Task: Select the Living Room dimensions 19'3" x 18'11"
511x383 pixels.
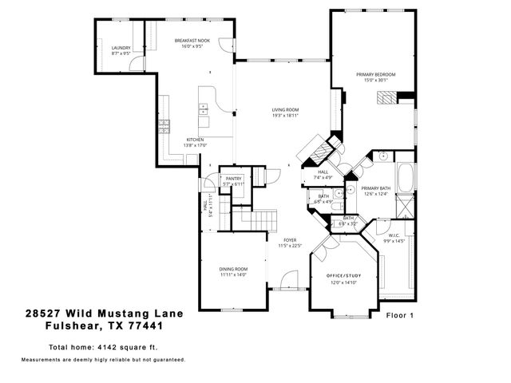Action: pyautogui.click(x=285, y=116)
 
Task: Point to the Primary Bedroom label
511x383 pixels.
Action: pyautogui.click(x=375, y=74)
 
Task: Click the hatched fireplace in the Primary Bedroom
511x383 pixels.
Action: pyautogui.click(x=386, y=98)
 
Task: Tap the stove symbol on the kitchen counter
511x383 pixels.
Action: pyautogui.click(x=165, y=125)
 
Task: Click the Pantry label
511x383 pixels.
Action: pyautogui.click(x=233, y=179)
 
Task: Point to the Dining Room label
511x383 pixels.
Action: pyautogui.click(x=233, y=269)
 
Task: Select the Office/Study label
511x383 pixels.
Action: pyautogui.click(x=344, y=275)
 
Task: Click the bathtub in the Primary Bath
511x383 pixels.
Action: pyautogui.click(x=406, y=176)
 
